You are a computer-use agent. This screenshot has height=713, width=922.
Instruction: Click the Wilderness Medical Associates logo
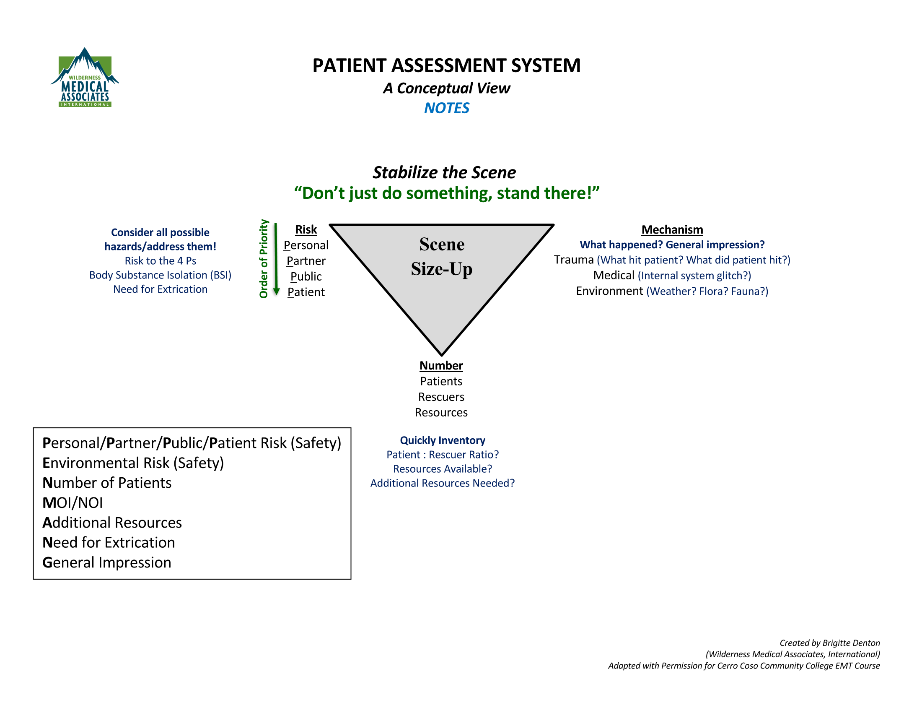click(84, 78)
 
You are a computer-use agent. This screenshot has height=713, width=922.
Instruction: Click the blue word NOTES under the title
click(446, 108)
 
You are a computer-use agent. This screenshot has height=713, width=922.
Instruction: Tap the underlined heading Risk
click(306, 229)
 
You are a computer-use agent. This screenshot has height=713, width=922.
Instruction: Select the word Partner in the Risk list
click(306, 260)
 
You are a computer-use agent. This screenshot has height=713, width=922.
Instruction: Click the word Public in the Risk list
click(306, 276)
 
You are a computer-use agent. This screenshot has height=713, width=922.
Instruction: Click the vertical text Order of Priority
click(264, 258)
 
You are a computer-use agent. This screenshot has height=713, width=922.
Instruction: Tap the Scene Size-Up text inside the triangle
click(441, 256)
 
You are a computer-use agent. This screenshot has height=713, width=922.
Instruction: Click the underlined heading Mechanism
click(672, 229)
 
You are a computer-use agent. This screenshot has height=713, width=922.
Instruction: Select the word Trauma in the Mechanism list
click(573, 259)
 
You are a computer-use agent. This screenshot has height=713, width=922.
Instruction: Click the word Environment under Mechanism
click(609, 291)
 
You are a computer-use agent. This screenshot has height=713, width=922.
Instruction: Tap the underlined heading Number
click(441, 365)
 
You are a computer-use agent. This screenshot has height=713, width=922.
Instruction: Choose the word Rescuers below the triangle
click(441, 397)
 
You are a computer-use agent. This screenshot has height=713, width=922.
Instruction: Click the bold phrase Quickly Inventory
click(442, 440)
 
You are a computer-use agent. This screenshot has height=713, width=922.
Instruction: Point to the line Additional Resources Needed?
click(442, 483)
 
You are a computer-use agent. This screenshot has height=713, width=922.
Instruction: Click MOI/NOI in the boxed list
click(73, 502)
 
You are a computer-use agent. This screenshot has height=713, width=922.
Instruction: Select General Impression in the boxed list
click(107, 562)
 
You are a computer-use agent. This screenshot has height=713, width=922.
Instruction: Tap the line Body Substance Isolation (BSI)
click(160, 275)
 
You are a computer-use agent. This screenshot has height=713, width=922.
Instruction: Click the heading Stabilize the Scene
click(444, 172)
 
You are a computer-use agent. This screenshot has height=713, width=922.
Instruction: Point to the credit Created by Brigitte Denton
click(829, 643)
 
